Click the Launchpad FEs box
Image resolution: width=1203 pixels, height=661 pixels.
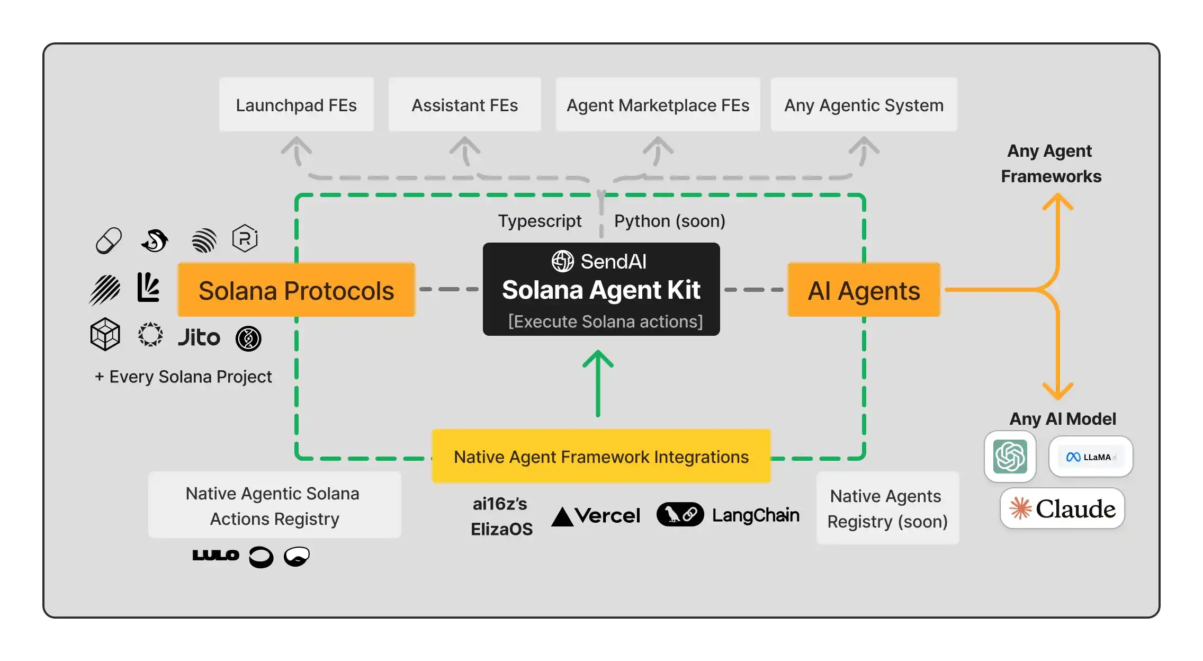(297, 105)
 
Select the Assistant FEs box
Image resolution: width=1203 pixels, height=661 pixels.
(464, 105)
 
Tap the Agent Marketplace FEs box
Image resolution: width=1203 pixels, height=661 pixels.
(658, 105)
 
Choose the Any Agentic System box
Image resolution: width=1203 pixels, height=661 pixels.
(864, 105)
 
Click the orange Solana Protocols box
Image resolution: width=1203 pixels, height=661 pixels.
(296, 290)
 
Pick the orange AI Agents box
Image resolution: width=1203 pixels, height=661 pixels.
(864, 290)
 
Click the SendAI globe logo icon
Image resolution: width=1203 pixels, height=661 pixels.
(562, 261)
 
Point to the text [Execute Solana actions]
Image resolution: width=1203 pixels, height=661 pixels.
(605, 321)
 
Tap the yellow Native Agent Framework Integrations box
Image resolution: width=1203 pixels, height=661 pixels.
(601, 457)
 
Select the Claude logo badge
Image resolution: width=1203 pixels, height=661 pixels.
(1062, 508)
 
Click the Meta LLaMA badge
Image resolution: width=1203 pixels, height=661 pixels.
(1090, 457)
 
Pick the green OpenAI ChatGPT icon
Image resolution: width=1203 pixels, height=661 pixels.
(1010, 456)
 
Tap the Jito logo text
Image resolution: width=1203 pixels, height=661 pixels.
(199, 337)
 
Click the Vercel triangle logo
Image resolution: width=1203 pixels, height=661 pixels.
(562, 516)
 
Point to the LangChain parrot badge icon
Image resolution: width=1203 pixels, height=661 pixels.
(680, 514)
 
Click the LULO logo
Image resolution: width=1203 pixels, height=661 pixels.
(216, 555)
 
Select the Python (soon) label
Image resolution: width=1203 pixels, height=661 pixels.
(669, 221)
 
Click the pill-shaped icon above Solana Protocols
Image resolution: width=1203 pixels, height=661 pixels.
(109, 241)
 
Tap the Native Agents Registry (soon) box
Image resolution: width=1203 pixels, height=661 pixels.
(887, 508)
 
